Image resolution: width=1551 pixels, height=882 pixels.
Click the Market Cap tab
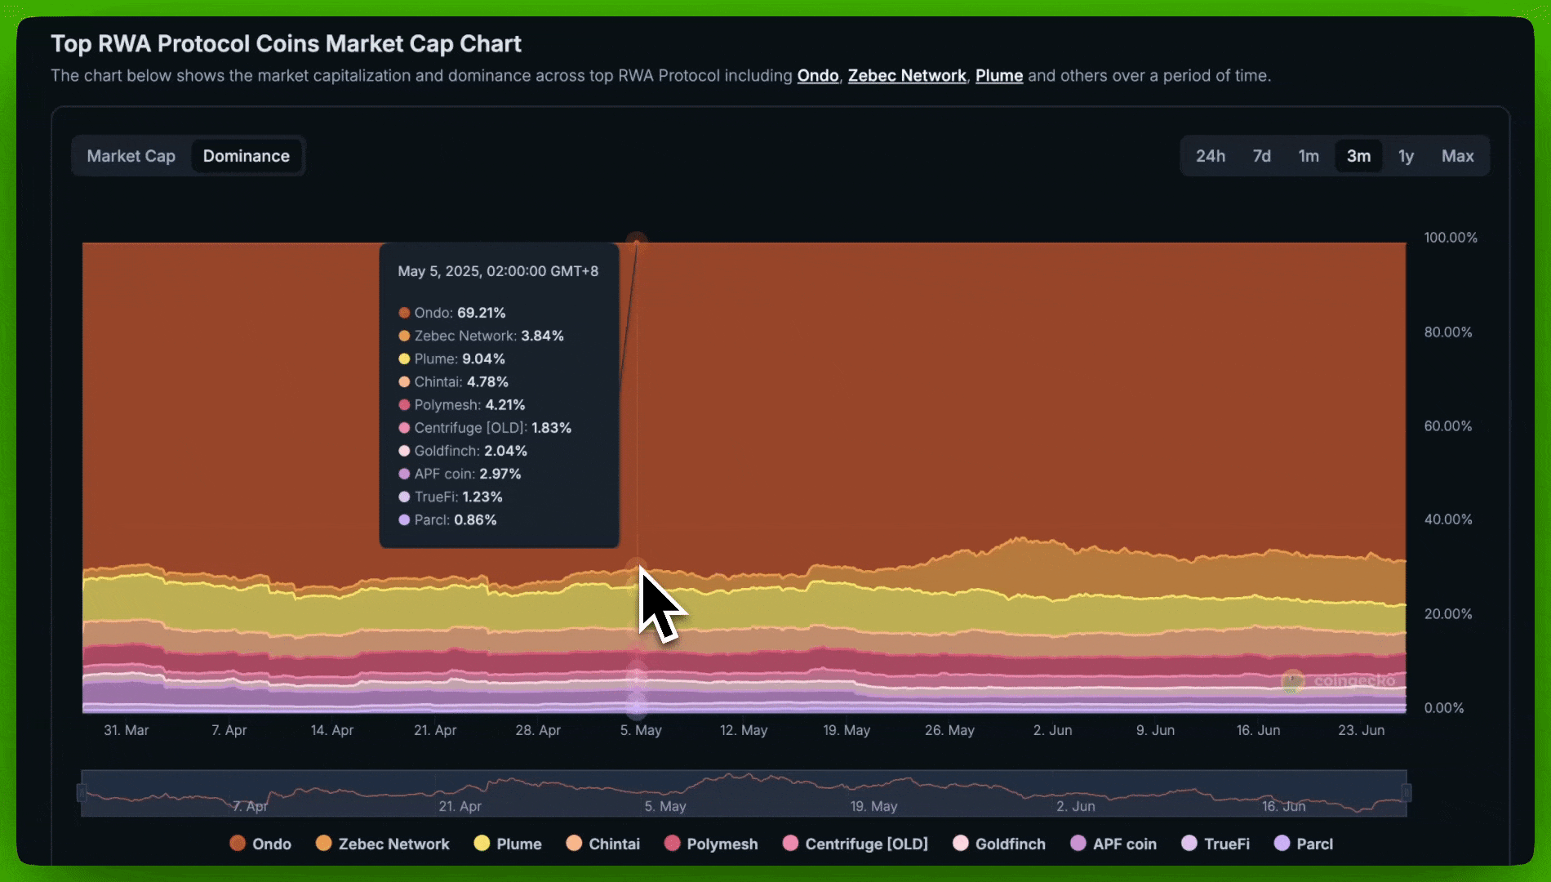[131, 156]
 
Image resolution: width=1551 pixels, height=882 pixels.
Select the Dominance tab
[246, 156]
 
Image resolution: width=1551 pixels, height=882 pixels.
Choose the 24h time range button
[1210, 156]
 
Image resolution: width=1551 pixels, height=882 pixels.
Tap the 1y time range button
[1405, 156]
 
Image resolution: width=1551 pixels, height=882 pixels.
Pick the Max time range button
[1457, 156]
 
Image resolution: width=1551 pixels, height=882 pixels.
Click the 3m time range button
[1358, 156]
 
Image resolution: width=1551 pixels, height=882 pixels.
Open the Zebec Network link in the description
[906, 76]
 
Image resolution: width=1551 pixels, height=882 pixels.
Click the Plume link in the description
[998, 76]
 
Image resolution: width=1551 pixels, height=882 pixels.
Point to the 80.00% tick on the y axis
[1447, 332]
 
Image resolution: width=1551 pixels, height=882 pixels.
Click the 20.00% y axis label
[1447, 614]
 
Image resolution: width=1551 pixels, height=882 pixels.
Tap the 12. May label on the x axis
[743, 730]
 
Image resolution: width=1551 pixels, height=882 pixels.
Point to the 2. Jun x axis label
[1052, 730]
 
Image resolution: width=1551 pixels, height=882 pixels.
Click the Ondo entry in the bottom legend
[260, 844]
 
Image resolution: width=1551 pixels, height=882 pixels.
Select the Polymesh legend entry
[711, 844]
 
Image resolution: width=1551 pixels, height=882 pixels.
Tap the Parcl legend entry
[1304, 844]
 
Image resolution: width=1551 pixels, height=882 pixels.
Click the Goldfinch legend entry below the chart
[999, 844]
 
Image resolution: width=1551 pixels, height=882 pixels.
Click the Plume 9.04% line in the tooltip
[451, 359]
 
